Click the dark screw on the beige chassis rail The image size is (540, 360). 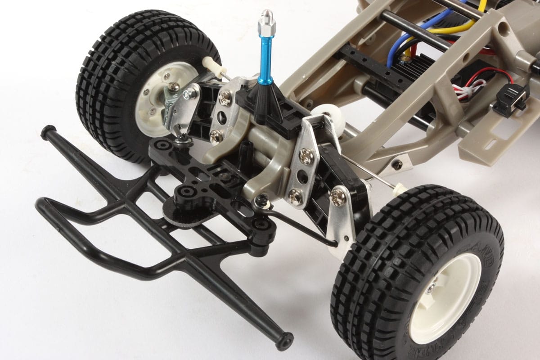pos(396,165)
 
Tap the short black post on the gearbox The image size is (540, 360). pos(246,151)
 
